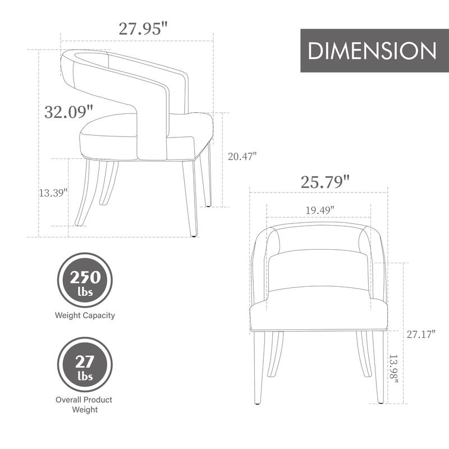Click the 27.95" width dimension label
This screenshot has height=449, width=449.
click(x=143, y=28)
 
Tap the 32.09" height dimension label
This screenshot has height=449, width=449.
click(x=68, y=111)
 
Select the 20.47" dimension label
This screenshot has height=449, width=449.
click(x=242, y=157)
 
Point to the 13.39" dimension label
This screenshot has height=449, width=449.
click(x=53, y=193)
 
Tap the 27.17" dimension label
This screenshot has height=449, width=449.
click(x=421, y=335)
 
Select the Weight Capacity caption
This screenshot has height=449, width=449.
click(x=85, y=315)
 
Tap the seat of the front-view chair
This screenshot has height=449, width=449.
click(x=318, y=311)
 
